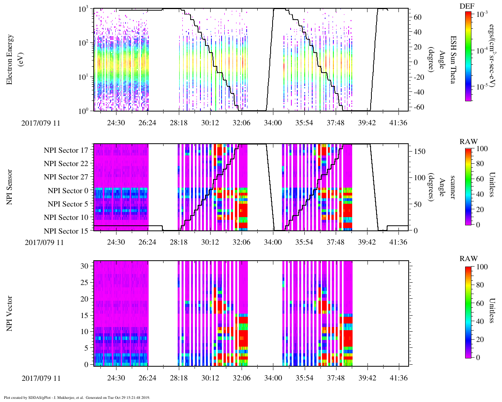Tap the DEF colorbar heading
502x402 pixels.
click(467, 6)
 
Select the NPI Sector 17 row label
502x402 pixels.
click(66, 150)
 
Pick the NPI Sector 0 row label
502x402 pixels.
click(68, 191)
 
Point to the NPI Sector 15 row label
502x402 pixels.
click(66, 231)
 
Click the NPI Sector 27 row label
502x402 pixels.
click(66, 177)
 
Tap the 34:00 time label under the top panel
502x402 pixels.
click(273, 123)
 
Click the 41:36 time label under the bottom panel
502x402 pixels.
click(398, 378)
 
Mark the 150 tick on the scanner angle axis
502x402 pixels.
click(420, 152)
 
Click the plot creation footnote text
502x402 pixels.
click(77, 397)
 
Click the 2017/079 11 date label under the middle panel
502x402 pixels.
click(44, 242)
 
